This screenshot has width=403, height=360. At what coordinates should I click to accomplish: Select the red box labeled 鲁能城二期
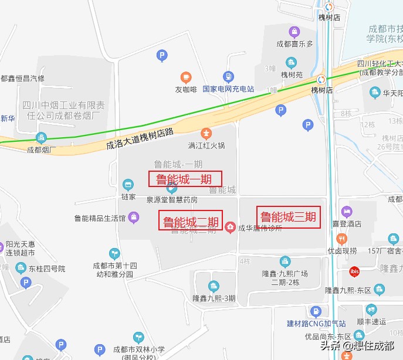(191, 222)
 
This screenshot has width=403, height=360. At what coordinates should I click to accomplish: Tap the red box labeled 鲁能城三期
(288, 218)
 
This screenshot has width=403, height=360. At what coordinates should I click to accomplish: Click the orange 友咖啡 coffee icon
(186, 77)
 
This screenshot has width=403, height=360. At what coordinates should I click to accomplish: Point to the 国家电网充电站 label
(228, 89)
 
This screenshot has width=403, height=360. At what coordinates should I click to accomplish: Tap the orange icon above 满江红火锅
(206, 133)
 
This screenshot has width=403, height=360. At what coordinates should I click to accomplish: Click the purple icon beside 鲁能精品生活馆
(134, 218)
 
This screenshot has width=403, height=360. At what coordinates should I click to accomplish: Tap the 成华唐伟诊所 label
(260, 228)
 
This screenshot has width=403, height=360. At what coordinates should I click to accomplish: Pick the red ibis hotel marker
(354, 271)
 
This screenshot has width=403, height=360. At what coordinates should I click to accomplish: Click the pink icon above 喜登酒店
(347, 211)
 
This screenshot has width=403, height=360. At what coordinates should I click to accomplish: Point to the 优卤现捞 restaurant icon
(342, 239)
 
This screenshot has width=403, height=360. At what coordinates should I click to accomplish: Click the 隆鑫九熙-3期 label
(214, 298)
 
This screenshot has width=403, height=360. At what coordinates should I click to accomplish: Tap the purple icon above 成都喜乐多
(294, 32)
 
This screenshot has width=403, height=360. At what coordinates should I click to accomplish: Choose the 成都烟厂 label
(40, 150)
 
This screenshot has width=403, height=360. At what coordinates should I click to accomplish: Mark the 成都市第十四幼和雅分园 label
(115, 269)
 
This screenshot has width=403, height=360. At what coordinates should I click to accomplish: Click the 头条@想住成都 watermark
(357, 345)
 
